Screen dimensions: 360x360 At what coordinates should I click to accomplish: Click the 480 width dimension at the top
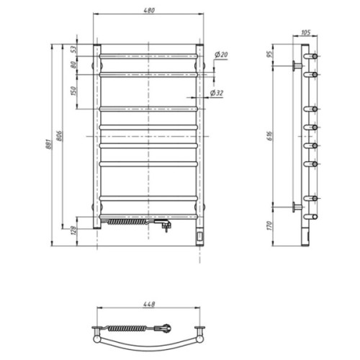pyautogui.click(x=148, y=11)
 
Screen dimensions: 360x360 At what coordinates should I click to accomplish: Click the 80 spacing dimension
pyautogui.click(x=73, y=64)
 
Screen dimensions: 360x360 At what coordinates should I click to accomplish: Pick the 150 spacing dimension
pyautogui.click(x=73, y=91)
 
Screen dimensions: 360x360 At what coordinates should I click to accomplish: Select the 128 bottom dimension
pyautogui.click(x=73, y=230)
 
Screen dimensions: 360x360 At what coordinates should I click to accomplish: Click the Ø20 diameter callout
pyautogui.click(x=222, y=55)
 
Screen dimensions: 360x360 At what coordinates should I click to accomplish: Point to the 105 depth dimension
pyautogui.click(x=305, y=32)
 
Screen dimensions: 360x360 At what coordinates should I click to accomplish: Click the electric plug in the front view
pyautogui.click(x=166, y=226)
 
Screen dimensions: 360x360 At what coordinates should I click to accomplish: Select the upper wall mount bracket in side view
pyautogui.click(x=296, y=66)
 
